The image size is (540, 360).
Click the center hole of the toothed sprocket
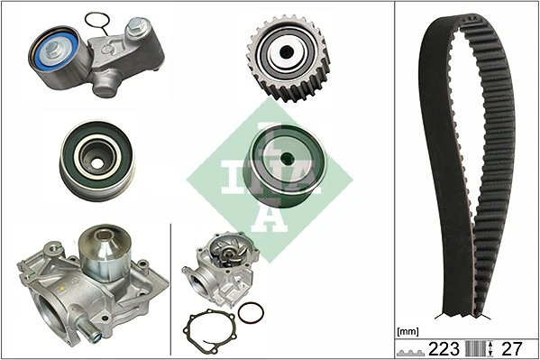(286, 51)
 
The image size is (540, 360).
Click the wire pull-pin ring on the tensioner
(98, 20)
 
